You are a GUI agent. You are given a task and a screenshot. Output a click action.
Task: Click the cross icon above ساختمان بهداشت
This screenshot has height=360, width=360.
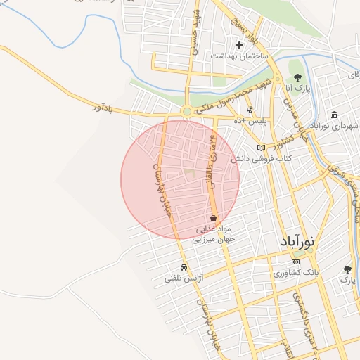[x=240, y=46]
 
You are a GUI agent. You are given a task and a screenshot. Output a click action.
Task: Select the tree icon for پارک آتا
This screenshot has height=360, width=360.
[x=297, y=77]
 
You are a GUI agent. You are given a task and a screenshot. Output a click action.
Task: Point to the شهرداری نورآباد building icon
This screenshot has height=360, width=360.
[x=333, y=115]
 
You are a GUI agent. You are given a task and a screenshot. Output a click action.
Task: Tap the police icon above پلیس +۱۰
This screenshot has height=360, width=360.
[x=250, y=110]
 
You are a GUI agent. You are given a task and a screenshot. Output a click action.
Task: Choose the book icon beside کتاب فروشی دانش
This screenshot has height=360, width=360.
[x=262, y=148]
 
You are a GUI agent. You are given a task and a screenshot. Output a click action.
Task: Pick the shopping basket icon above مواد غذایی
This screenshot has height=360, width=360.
[x=212, y=218]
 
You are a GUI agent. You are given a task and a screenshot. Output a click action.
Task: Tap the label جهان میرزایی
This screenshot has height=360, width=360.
[x=213, y=239]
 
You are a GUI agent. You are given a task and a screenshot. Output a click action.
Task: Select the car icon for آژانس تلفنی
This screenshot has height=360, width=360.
[x=183, y=267]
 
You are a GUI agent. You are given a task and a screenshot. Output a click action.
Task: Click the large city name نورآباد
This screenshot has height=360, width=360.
[x=304, y=241]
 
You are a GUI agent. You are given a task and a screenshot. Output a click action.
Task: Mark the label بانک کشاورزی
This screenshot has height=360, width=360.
[x=298, y=272]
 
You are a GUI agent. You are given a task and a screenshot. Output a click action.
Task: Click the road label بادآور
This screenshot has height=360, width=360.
[x=103, y=108]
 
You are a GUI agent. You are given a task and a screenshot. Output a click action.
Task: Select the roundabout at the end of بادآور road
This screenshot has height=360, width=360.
[x=186, y=111]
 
